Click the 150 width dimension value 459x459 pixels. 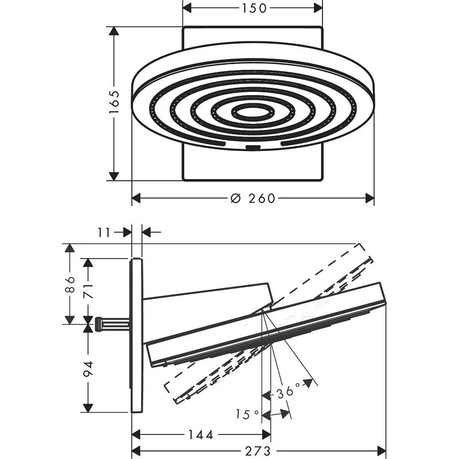coord(254,8)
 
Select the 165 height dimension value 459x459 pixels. coord(114,102)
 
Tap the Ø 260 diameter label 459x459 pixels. coord(253,199)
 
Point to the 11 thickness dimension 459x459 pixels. coord(104,233)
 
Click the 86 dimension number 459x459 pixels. coord(70,284)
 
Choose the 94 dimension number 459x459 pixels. coord(88,369)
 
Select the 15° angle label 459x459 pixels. coord(247,414)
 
